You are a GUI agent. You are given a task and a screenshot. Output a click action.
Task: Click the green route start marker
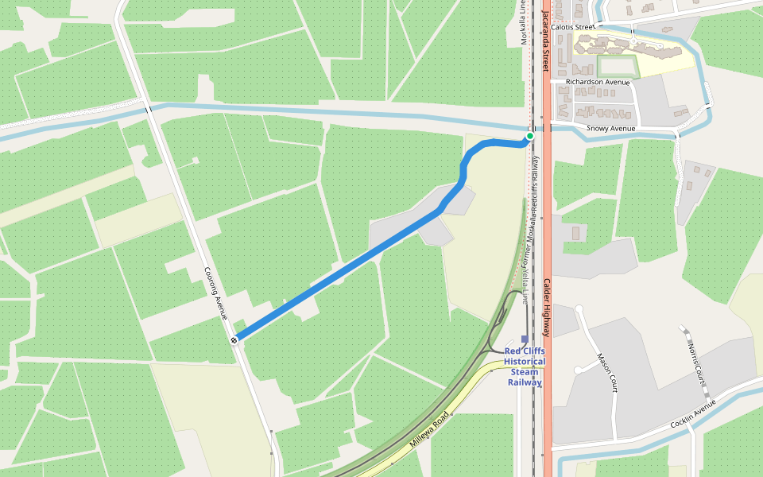point(530,136)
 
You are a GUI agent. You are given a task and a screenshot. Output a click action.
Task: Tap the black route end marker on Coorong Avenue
point(234,340)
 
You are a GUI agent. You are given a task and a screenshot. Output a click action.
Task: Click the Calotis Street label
point(573,27)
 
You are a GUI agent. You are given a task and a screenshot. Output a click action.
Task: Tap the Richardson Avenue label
point(598,82)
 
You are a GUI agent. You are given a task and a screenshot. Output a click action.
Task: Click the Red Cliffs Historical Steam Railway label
point(525,366)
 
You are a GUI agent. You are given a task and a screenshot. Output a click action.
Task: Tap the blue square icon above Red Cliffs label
point(525,339)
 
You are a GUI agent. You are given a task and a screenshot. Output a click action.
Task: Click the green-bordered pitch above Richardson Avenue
point(617,65)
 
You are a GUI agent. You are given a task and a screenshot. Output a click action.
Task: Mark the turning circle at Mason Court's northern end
point(579,309)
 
